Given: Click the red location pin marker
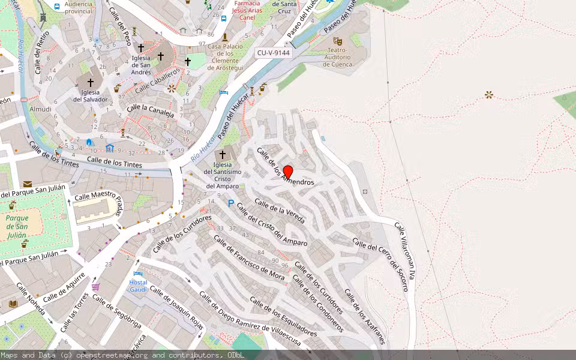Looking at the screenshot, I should tap(287, 172).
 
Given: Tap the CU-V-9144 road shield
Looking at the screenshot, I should tap(274, 53).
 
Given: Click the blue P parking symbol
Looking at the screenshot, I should tap(231, 204).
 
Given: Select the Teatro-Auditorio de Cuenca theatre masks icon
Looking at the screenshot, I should tap(338, 41).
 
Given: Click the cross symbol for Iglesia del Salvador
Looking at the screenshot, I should tap(91, 82).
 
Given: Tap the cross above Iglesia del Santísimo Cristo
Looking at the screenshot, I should tap(222, 155).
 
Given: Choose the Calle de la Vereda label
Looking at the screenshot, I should tap(280, 211).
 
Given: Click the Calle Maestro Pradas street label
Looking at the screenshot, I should tap(99, 197).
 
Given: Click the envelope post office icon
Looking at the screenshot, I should tap(28, 184).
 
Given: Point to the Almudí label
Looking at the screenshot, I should tap(41, 109).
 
